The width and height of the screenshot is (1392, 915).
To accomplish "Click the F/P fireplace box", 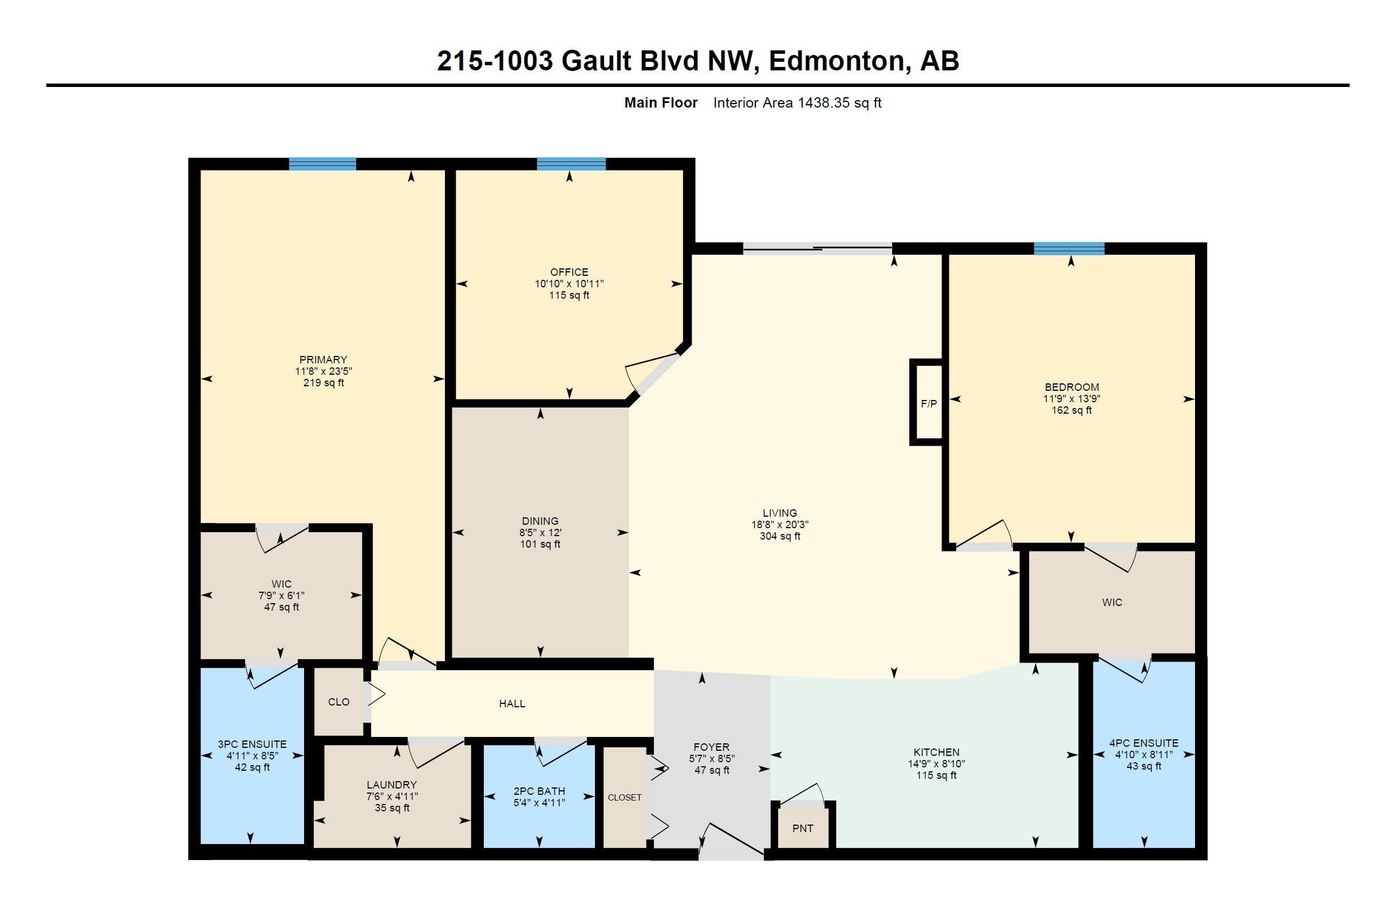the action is tap(928, 402).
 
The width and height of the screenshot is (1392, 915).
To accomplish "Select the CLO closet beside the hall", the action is tap(338, 702).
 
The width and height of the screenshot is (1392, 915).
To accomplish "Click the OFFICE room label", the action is tap(569, 272).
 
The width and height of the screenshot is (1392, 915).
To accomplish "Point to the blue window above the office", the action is tap(571, 164).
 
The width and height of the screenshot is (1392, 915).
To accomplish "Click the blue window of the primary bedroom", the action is tap(322, 164).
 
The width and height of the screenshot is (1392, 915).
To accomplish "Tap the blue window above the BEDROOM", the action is tap(1069, 248).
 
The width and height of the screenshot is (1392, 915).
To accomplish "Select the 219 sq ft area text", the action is tap(324, 383).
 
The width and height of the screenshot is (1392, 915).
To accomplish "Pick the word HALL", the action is tap(512, 703).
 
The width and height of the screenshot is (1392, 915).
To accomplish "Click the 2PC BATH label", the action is tap(539, 791).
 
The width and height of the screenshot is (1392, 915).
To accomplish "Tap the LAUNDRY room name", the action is tap(392, 785).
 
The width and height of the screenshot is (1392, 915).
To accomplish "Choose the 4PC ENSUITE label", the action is tap(1144, 743).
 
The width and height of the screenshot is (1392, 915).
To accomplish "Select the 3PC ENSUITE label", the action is tap(252, 744).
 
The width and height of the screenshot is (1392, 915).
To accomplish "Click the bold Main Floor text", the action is tap(661, 103).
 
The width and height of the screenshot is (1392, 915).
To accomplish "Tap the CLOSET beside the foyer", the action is tap(625, 798).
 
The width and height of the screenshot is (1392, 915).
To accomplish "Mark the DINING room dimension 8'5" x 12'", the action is tap(541, 533).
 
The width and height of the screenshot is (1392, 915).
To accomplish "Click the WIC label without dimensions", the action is tap(1112, 602).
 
